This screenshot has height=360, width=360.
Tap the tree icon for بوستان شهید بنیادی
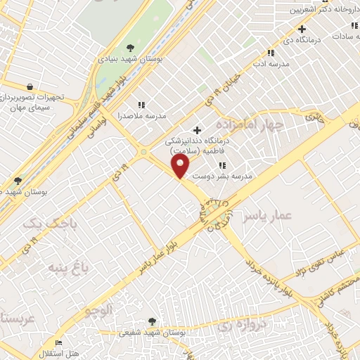click(x=131, y=47)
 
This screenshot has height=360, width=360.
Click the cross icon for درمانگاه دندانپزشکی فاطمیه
click(x=197, y=129)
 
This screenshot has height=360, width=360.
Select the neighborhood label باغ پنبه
click(x=68, y=267)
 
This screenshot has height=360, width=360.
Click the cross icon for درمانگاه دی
click(x=302, y=29)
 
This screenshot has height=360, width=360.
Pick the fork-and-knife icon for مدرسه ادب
click(x=270, y=52)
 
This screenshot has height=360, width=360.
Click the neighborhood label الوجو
click(x=98, y=310)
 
